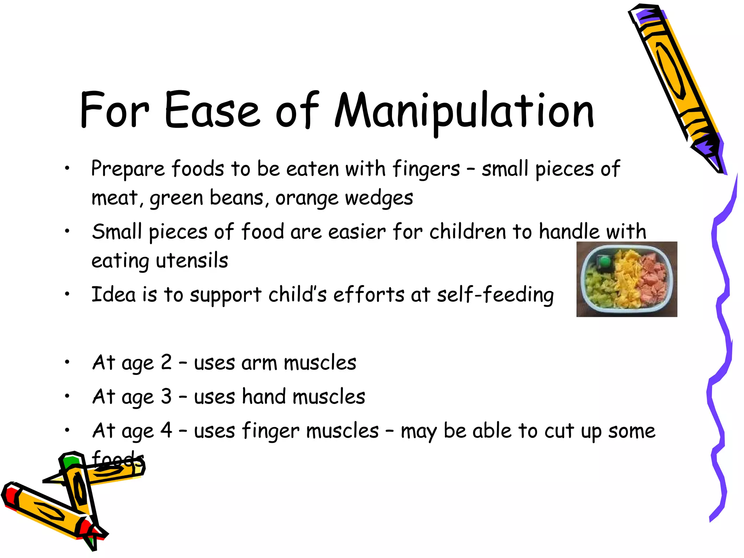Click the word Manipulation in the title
(x=464, y=111)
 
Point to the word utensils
(x=192, y=261)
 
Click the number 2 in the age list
(x=166, y=362)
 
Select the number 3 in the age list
(x=166, y=396)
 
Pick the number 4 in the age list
(x=166, y=430)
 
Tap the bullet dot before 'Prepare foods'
(x=67, y=168)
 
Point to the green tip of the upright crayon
(x=70, y=461)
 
